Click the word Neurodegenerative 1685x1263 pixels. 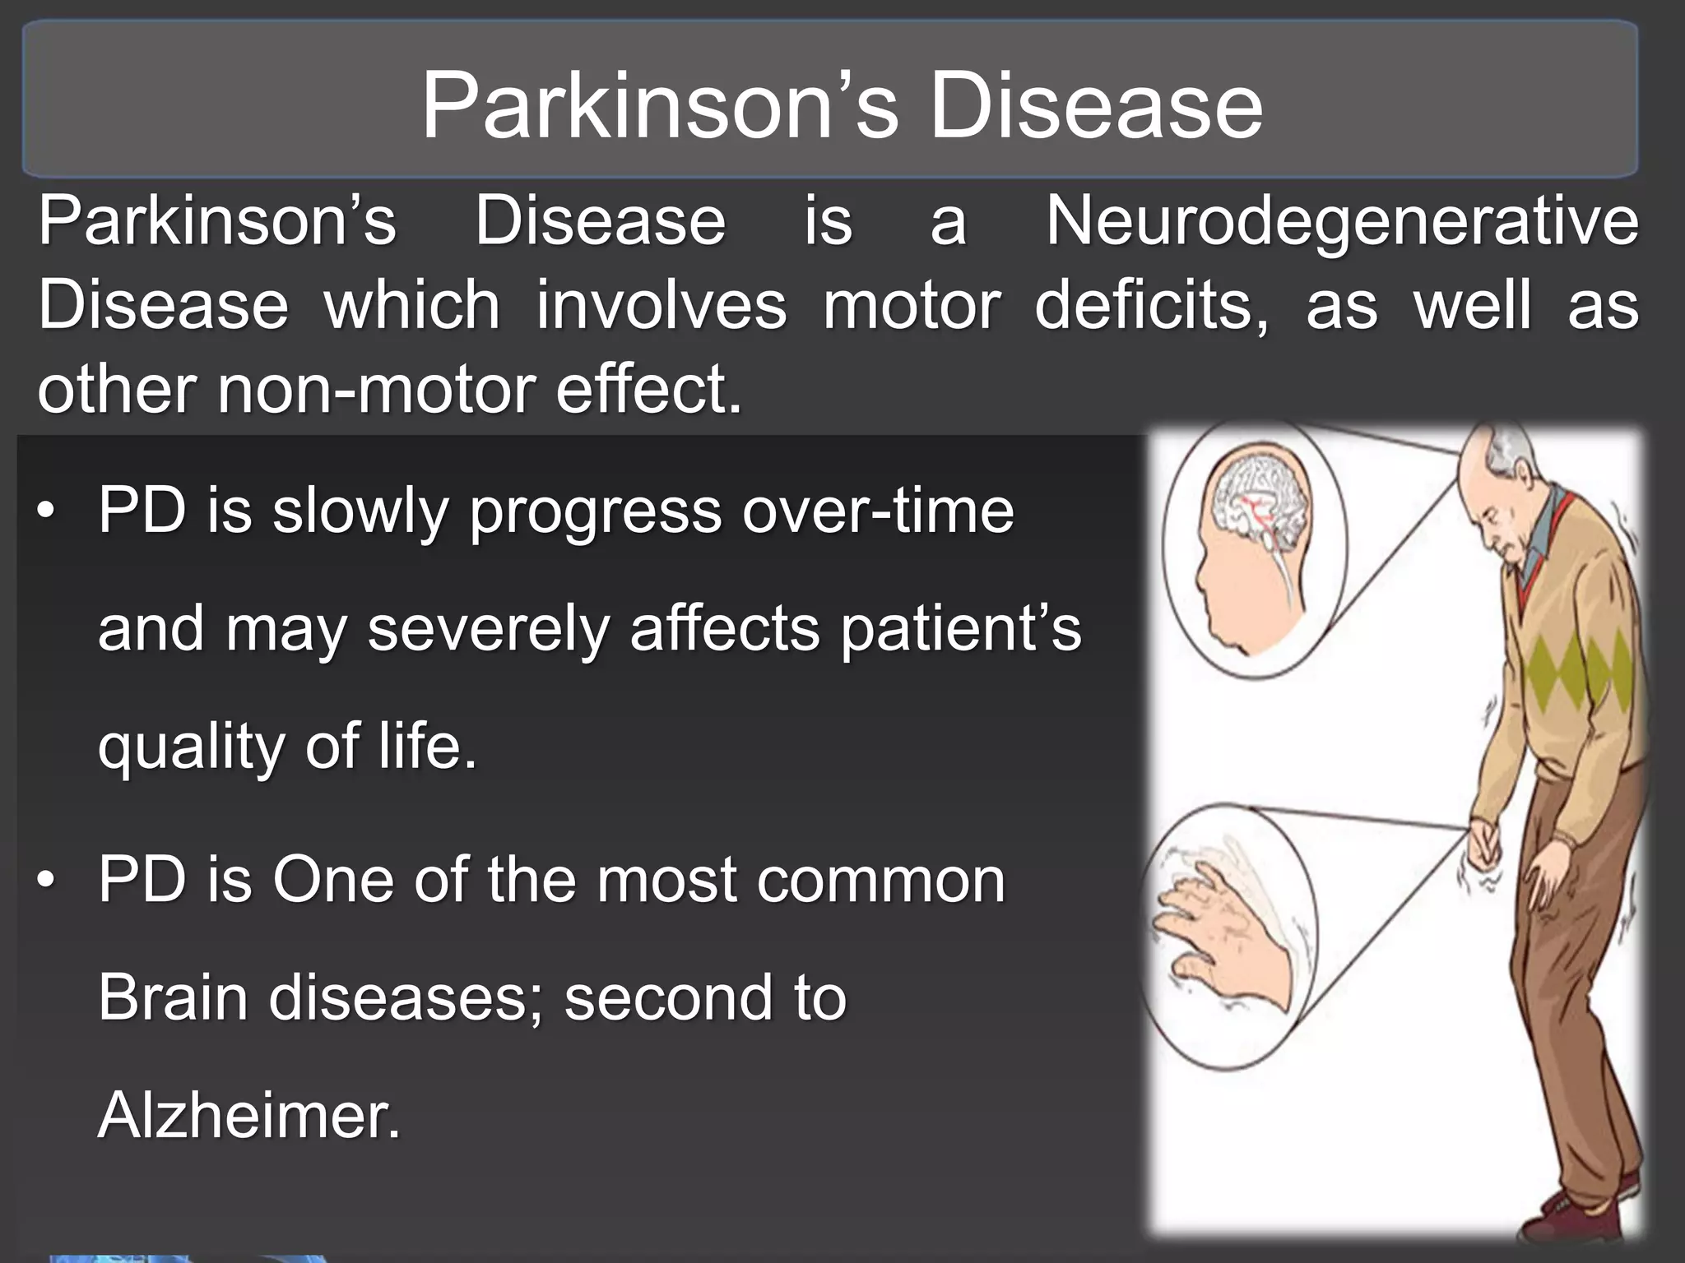(x=1342, y=222)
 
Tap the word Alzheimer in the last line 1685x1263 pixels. (x=248, y=1115)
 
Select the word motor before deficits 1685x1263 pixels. (x=912, y=305)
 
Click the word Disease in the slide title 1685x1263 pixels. (x=1096, y=107)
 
